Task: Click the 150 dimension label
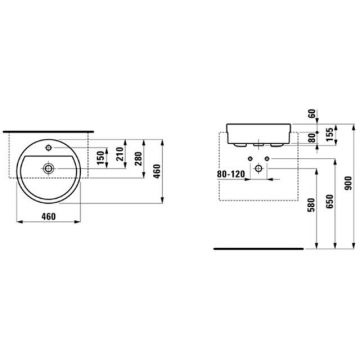click(101, 157)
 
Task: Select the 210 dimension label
click(120, 154)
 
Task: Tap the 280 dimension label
click(139, 159)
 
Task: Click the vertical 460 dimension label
click(157, 171)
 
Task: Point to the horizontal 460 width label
click(49, 216)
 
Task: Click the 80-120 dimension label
click(231, 174)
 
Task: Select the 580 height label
click(311, 205)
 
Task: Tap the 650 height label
click(330, 201)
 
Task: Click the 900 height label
click(348, 183)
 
